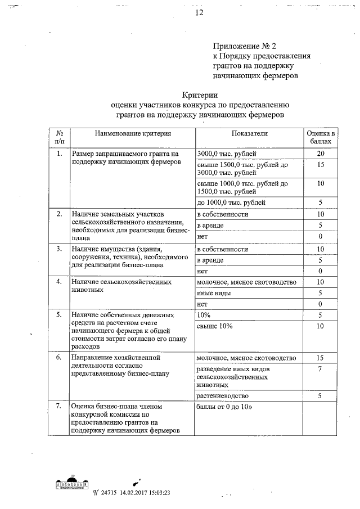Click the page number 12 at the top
(x=199, y=12)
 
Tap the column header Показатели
(x=249, y=133)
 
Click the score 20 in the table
(x=320, y=154)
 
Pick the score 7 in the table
(x=320, y=368)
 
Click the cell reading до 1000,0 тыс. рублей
(x=232, y=202)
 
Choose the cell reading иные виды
(x=213, y=293)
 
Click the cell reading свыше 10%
(x=215, y=326)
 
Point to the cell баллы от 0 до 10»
(x=224, y=406)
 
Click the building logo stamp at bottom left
(x=71, y=484)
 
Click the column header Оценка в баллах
(x=320, y=138)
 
